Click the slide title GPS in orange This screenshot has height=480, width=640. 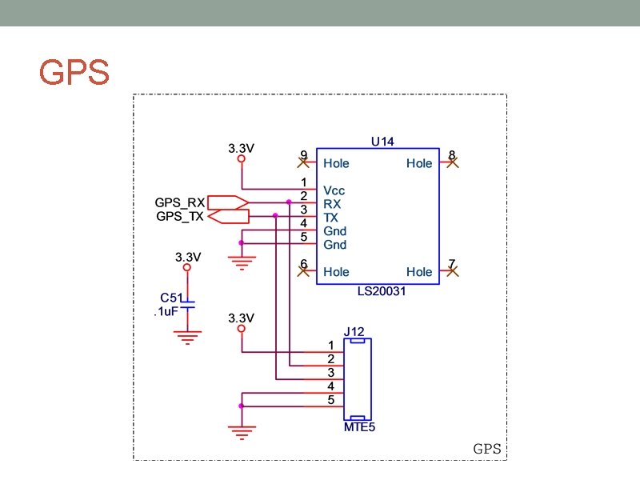[74, 72]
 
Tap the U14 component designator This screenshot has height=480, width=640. [382, 142]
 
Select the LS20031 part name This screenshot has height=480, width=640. [382, 291]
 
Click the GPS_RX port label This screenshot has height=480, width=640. [180, 202]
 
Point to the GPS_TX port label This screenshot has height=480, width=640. [180, 217]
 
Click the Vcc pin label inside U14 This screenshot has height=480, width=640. [334, 191]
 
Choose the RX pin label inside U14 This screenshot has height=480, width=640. [332, 204]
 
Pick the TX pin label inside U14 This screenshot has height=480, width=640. [331, 218]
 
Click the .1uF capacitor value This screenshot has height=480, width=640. [165, 312]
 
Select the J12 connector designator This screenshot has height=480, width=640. [354, 331]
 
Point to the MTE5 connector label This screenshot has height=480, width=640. [359, 428]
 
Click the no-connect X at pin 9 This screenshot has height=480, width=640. [304, 162]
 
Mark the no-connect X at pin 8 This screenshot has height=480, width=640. [452, 162]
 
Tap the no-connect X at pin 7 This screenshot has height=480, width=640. [452, 271]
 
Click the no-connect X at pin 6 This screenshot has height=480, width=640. [304, 271]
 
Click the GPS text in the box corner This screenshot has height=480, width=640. [487, 449]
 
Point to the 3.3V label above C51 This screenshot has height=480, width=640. [188, 258]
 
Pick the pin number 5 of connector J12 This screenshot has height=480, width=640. [331, 400]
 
